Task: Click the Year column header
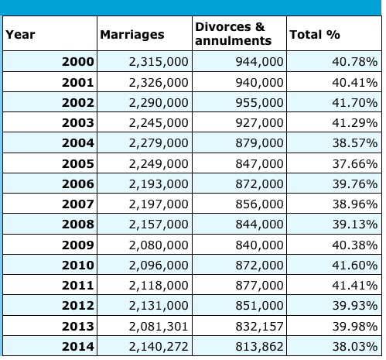[21, 35]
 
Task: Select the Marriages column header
[132, 35]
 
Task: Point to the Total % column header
[314, 35]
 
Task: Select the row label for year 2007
[77, 204]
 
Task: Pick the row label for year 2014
[77, 346]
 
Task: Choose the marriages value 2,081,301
[158, 326]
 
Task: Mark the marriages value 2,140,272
[158, 346]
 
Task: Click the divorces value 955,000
[258, 102]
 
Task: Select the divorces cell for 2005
[258, 163]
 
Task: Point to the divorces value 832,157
[258, 326]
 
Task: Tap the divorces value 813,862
[258, 346]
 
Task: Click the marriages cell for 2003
[158, 122]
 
